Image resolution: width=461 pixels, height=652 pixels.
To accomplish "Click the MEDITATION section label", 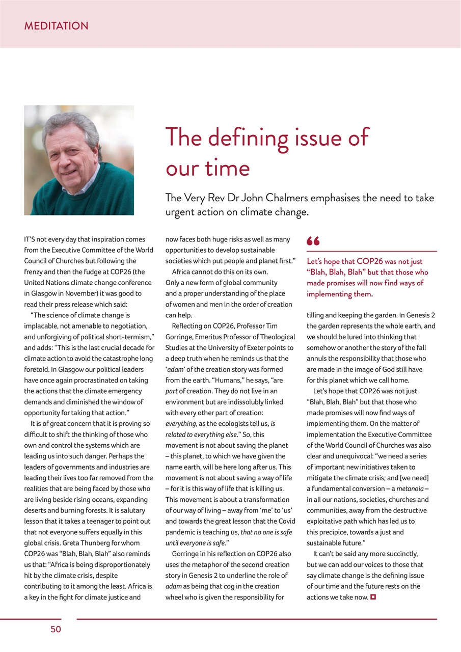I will [x=56, y=26].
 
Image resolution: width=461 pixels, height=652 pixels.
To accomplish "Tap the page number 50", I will [x=56, y=630].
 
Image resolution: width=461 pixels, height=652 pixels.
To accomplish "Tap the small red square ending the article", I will [x=373, y=597].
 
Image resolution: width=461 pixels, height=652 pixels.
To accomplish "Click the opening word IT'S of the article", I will [x=33, y=239].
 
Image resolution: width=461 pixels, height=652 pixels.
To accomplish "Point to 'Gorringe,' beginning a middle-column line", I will [x=179, y=337].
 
